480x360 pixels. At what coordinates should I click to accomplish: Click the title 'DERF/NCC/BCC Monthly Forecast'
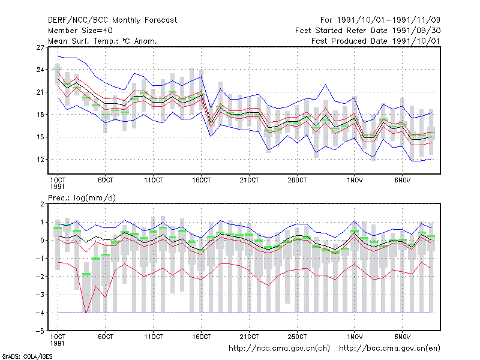[112, 20]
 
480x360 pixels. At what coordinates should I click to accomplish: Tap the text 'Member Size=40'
[80, 31]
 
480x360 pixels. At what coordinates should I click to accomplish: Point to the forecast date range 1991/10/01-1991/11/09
[380, 20]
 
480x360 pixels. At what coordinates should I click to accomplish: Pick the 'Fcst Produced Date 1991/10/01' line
[376, 41]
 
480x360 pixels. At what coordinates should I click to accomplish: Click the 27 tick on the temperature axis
[40, 47]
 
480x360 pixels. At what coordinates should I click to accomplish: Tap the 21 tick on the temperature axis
[40, 92]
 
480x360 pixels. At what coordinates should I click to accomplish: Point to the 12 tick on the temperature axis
[40, 160]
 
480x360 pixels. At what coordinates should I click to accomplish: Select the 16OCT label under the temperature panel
[201, 181]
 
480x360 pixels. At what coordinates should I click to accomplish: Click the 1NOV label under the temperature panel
[355, 181]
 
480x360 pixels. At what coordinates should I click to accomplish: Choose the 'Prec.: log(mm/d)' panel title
[82, 198]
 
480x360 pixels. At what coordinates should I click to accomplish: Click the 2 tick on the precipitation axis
[42, 204]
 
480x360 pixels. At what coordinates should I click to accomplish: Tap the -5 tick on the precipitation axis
[40, 331]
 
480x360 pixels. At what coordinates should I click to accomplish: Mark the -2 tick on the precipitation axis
[40, 277]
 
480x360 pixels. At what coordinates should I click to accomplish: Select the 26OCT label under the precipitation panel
[297, 337]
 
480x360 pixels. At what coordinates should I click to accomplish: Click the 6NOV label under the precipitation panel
[402, 337]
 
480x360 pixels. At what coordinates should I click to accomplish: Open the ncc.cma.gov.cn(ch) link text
[279, 349]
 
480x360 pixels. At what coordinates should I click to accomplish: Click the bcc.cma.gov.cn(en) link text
[389, 349]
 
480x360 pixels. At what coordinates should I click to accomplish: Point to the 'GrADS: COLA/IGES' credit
[27, 356]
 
